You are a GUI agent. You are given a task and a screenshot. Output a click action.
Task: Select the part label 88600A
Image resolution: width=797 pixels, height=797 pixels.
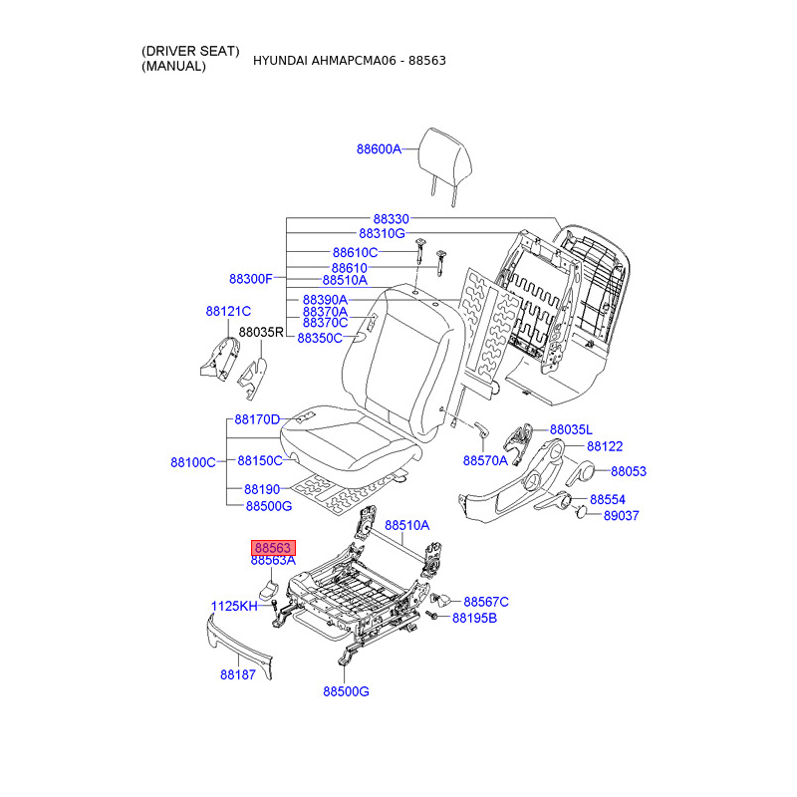[x=379, y=148]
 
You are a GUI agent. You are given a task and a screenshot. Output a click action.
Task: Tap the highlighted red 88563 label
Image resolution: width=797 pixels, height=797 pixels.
[x=273, y=548]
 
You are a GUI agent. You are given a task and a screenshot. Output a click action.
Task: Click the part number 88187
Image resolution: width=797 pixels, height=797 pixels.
[x=238, y=674]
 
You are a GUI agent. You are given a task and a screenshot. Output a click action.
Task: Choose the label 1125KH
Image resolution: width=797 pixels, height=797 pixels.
[x=234, y=606]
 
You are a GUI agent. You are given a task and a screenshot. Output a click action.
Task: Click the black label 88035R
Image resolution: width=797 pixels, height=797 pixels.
[x=261, y=332]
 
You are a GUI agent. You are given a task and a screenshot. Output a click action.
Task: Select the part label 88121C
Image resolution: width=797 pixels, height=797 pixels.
[x=228, y=311]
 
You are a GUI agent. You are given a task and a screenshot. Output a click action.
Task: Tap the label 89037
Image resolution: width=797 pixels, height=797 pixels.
[x=621, y=515]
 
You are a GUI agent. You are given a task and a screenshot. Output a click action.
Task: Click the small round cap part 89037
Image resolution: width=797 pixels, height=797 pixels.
[x=581, y=511]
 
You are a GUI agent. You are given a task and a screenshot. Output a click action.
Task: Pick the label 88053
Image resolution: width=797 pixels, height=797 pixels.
[x=629, y=471]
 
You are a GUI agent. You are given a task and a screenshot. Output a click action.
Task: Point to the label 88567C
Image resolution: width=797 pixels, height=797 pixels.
[x=486, y=602]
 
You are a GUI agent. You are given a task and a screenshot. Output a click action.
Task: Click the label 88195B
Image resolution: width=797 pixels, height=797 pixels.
[x=475, y=618]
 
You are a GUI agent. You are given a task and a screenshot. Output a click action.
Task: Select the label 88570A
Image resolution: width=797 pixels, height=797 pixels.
[x=485, y=460]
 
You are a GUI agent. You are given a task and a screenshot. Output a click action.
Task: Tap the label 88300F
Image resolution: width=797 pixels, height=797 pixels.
[x=251, y=279]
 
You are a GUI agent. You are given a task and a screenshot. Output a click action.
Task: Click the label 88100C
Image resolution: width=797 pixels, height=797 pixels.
[x=193, y=462]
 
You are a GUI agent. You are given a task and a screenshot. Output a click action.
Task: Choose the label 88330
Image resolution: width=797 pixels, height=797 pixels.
[x=392, y=219]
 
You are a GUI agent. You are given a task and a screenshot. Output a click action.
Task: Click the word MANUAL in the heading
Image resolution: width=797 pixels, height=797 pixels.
[x=173, y=66]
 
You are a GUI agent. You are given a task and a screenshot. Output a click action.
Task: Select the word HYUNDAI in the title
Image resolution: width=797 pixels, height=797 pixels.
[x=280, y=61]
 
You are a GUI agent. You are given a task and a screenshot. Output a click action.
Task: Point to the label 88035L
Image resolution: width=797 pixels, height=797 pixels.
[x=571, y=430]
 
